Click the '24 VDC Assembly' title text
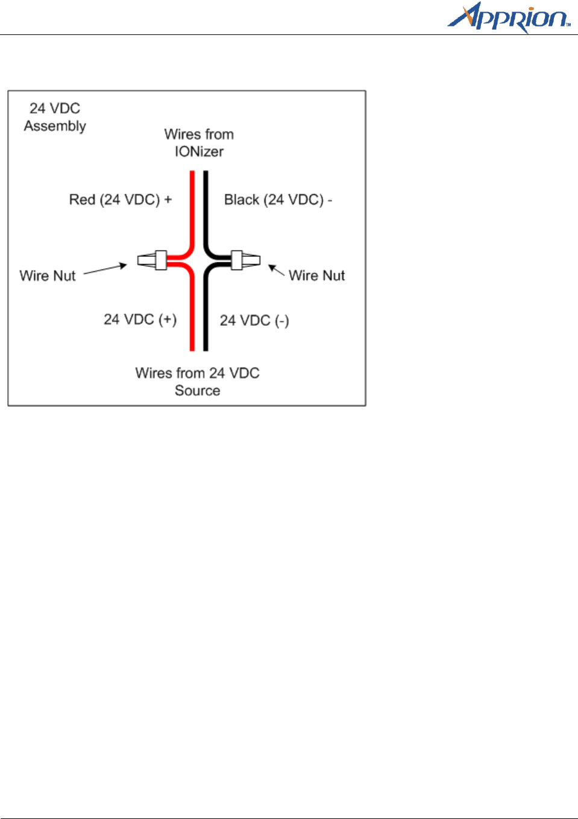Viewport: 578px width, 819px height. (x=55, y=117)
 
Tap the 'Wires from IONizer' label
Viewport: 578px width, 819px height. (x=199, y=143)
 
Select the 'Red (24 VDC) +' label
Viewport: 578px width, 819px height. (x=121, y=200)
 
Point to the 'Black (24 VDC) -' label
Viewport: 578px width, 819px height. (x=278, y=200)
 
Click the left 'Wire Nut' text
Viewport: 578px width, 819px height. (x=48, y=276)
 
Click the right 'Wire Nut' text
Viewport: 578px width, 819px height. (x=316, y=276)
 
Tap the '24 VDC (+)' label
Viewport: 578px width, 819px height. (x=140, y=320)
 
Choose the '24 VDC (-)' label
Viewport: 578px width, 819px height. (x=254, y=320)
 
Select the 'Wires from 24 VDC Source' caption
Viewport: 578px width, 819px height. (x=198, y=382)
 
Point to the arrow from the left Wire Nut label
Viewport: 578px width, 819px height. (x=105, y=269)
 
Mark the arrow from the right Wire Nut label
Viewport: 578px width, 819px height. (x=276, y=270)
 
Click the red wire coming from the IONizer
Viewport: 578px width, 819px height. (x=192, y=205)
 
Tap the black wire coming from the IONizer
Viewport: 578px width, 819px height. (x=206, y=205)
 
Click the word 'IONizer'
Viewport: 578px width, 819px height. (x=199, y=151)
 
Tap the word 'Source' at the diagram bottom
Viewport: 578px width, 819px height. (x=198, y=391)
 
